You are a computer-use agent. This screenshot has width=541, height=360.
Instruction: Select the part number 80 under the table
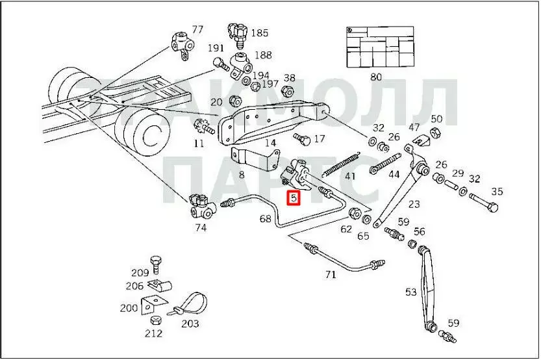tap(376, 77)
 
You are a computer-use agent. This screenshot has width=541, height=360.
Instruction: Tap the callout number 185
tap(259, 32)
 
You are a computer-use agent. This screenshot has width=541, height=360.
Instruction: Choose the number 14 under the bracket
tap(270, 143)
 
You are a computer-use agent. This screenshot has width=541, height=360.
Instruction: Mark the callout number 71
tap(331, 274)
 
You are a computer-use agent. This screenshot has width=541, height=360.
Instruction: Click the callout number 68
tap(266, 219)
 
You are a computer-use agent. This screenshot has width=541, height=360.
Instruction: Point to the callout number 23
tap(414, 204)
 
